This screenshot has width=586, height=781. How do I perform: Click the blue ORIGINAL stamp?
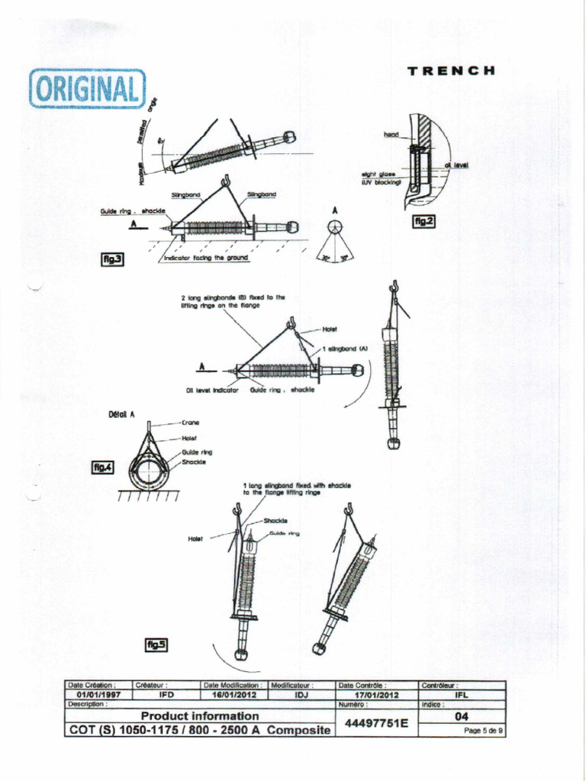click(x=87, y=88)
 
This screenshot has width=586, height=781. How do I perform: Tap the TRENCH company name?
click(x=452, y=71)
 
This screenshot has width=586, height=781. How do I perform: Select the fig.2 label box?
click(x=423, y=220)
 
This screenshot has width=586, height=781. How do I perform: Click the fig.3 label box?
click(x=113, y=259)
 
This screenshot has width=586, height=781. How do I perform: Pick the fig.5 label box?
click(x=156, y=645)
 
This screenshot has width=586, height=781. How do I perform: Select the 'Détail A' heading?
click(x=121, y=414)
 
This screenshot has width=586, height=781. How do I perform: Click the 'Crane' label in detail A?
click(x=191, y=422)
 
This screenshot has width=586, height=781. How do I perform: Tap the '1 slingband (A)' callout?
click(x=345, y=348)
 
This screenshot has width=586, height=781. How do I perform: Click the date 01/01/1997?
click(x=98, y=695)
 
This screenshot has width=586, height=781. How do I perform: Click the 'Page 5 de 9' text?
click(x=484, y=731)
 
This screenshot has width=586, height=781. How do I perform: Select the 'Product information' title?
click(x=200, y=716)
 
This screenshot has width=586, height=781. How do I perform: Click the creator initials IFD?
click(x=166, y=695)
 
